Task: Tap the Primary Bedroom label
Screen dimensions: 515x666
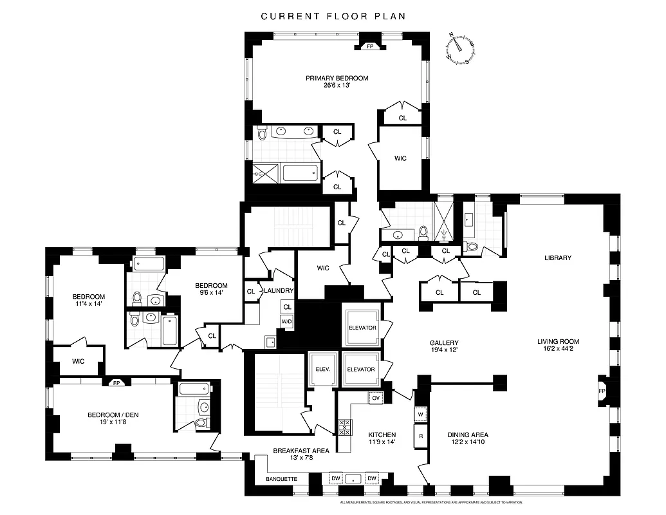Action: point(337,79)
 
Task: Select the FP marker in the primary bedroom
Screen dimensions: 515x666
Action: point(370,47)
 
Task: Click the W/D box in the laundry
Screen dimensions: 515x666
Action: point(286,321)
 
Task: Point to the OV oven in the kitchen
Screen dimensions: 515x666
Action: point(376,398)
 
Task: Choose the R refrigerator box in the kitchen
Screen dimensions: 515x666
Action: point(421,436)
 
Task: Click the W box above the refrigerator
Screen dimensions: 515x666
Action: point(421,415)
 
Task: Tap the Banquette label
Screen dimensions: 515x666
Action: point(281,479)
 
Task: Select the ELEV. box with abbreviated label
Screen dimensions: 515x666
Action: point(322,370)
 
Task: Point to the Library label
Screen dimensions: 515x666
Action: point(558,258)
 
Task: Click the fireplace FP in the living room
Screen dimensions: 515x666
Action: point(602,391)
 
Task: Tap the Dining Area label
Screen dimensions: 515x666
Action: point(468,435)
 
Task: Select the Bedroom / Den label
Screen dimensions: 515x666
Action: point(113,415)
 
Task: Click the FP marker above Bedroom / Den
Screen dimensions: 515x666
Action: point(116,383)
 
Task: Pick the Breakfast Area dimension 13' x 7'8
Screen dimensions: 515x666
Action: point(301,459)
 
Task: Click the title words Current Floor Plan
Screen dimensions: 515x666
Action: point(333,16)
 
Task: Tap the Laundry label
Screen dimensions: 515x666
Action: point(279,292)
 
